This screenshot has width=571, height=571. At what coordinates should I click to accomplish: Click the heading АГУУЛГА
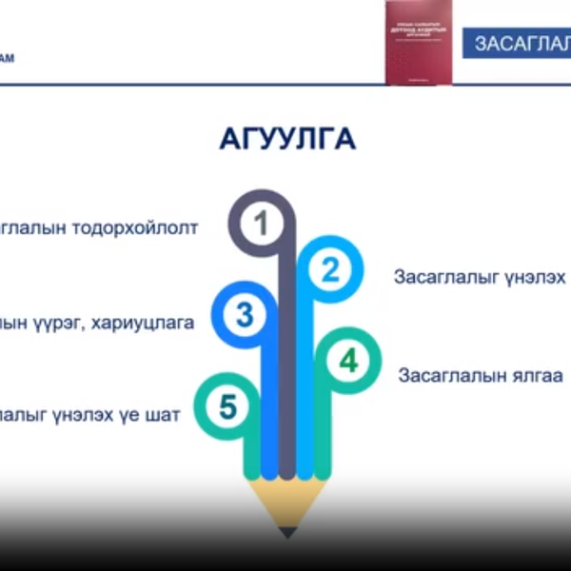(x=287, y=139)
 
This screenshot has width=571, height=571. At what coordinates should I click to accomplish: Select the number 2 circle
(x=329, y=271)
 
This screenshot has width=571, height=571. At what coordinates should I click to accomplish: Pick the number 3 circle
(x=244, y=315)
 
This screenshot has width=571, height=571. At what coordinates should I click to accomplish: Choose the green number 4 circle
(x=349, y=362)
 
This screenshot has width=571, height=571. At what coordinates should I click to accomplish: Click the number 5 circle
(x=226, y=407)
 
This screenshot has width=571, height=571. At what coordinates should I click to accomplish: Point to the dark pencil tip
(x=286, y=532)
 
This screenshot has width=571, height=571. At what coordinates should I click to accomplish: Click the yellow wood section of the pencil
(x=286, y=504)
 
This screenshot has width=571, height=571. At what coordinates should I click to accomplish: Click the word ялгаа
(x=537, y=375)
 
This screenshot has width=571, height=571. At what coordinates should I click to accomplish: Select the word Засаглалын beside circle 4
(x=449, y=375)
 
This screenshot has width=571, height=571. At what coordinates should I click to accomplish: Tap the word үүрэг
(x=61, y=323)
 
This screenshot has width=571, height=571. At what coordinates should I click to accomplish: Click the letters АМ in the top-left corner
(x=7, y=58)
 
